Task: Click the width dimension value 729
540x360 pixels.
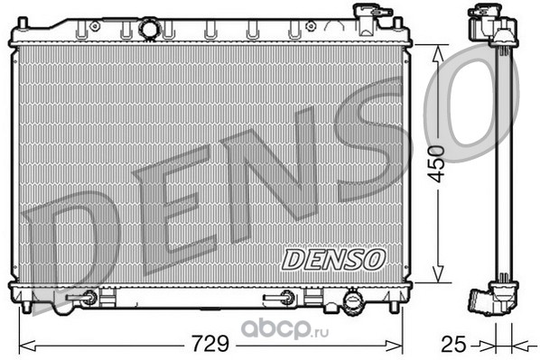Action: coord(210,343)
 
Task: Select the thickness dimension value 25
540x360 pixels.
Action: coord(453,344)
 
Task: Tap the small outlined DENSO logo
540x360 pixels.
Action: coord(333,260)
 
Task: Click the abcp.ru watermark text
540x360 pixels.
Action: coord(284,329)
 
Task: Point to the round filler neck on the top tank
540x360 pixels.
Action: coord(150,29)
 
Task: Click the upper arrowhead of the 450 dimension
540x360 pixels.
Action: coord(438,53)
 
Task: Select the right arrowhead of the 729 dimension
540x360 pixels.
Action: coord(394,346)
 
